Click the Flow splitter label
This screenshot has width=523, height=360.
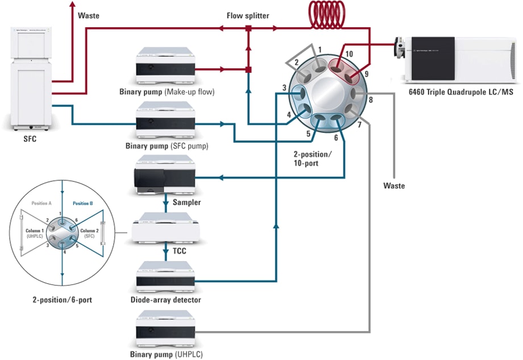pyautogui.click(x=248, y=15)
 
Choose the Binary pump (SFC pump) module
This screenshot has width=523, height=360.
pyautogui.click(x=165, y=121)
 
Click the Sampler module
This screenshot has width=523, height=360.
pyautogui.click(x=165, y=176)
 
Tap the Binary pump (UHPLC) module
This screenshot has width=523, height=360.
pyautogui.click(x=165, y=329)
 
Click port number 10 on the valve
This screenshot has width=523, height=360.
pyautogui.click(x=348, y=53)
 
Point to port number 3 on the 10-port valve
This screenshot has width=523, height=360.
pyautogui.click(x=283, y=88)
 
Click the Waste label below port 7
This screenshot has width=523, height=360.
pyautogui.click(x=394, y=185)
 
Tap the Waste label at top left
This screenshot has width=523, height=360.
pyautogui.click(x=88, y=15)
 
